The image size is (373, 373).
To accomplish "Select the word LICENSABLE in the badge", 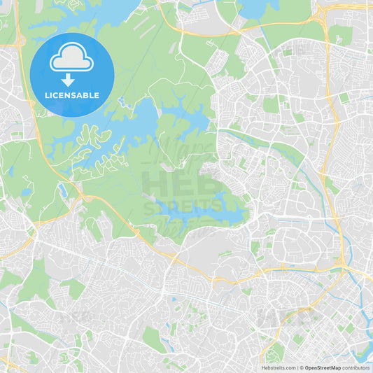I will click(71, 95).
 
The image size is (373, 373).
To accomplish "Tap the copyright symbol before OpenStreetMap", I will click(301, 367).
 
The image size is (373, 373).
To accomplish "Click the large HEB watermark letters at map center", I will click(183, 183).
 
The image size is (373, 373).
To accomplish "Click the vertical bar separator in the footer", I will click(297, 367).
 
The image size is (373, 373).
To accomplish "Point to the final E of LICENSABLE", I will click(97, 95).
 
